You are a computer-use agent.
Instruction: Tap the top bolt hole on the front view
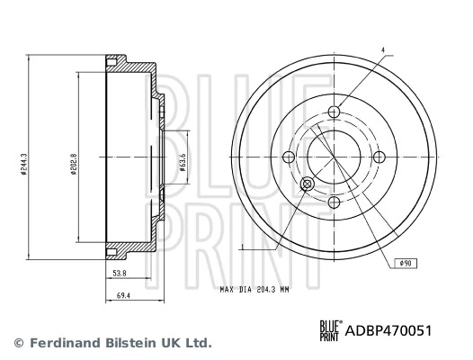click(335, 112)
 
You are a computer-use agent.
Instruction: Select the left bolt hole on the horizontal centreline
click(290, 158)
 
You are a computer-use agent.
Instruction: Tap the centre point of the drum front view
click(335, 158)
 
